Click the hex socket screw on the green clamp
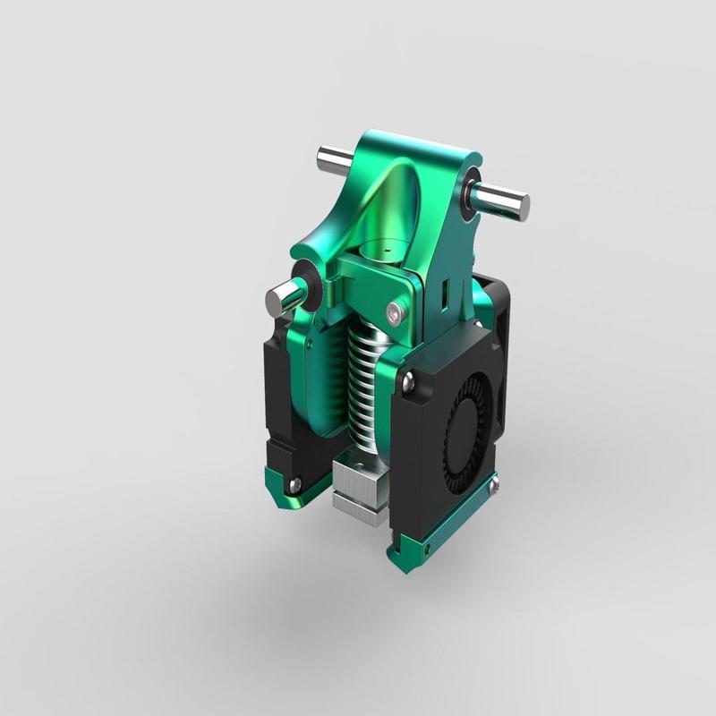396,311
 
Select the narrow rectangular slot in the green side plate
444,292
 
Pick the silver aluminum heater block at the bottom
358,488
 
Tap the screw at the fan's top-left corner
408,382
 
